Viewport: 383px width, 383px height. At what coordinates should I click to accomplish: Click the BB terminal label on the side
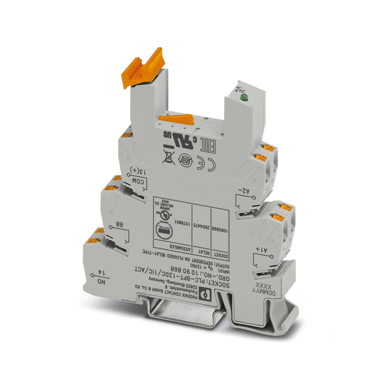pos(119,225)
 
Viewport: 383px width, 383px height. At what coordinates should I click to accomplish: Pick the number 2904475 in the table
pos(201,225)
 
